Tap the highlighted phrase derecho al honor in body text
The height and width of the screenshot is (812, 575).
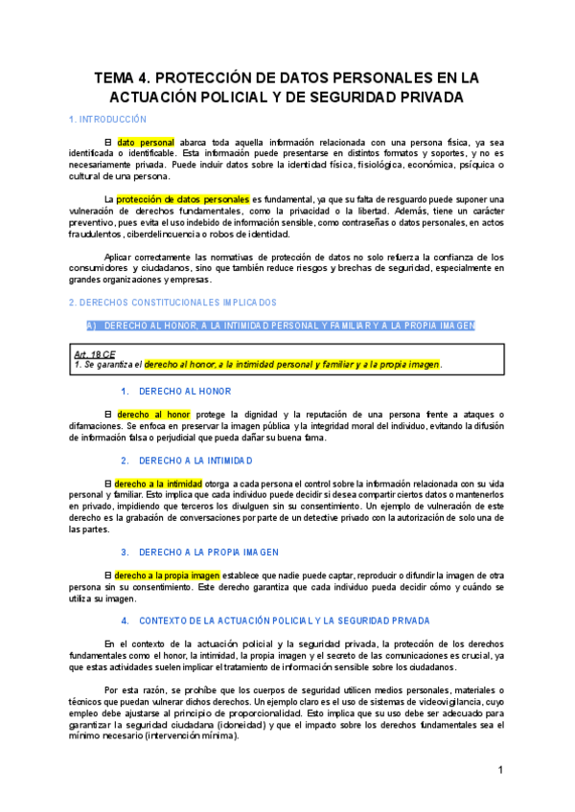click(x=151, y=414)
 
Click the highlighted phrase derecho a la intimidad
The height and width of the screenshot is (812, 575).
click(x=158, y=484)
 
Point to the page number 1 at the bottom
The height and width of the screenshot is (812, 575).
click(x=500, y=771)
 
